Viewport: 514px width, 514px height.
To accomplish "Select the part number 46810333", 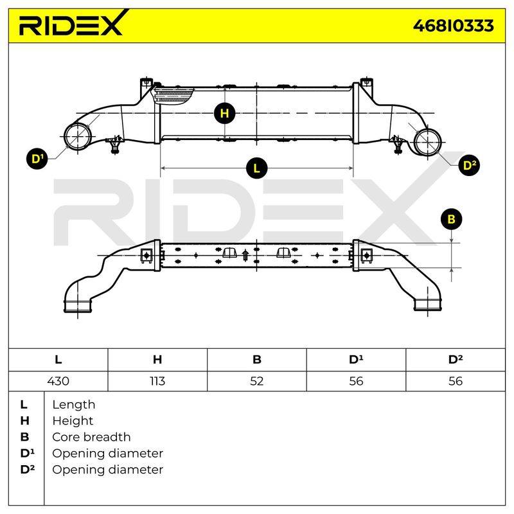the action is coord(454,26).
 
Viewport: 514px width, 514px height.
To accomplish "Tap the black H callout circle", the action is coord(224,114).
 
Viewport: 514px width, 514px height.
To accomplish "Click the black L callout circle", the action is coord(256,168).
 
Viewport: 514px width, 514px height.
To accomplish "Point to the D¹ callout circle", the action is coord(37,159).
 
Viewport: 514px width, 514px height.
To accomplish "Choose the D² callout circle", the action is coord(469,165).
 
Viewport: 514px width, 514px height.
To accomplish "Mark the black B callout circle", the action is coord(452,219).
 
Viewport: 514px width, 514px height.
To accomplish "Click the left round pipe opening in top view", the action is coord(78,136).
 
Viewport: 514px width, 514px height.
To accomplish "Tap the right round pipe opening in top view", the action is coord(428,142).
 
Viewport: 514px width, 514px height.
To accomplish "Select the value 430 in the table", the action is coord(58,381).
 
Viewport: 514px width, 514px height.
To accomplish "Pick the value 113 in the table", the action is coord(157,381).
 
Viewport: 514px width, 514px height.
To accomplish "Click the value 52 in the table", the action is coord(256,381).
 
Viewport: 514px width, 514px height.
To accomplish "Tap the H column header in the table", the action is coord(157,360).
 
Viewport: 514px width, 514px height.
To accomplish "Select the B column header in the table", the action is coord(256,360).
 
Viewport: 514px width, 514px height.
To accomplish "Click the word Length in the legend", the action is coord(74,405).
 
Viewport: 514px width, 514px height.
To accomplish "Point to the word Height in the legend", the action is coord(73,421).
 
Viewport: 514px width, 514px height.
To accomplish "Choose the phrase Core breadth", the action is coord(91,437).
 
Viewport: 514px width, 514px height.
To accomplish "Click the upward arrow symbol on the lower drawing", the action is coord(245,255).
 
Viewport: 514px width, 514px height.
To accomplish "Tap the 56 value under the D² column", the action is coord(456,381).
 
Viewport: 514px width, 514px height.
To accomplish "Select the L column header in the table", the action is coord(58,360).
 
